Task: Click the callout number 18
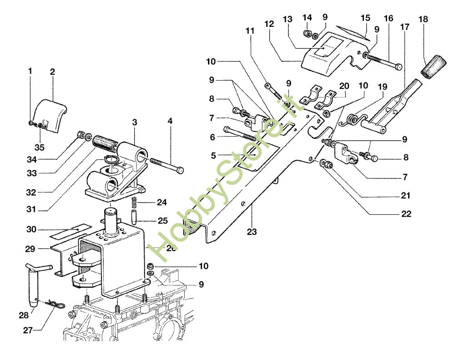(x=424, y=20)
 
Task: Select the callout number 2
(x=52, y=71)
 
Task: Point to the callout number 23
(x=252, y=232)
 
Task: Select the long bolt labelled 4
(x=166, y=166)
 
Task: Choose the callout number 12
(x=270, y=23)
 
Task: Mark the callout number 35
(x=40, y=147)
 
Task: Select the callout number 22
(x=406, y=214)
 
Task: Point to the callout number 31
(x=30, y=210)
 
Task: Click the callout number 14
(x=307, y=17)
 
